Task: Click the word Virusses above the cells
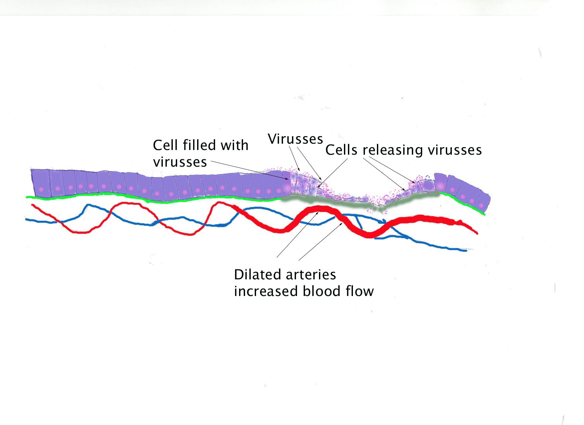pos(295,139)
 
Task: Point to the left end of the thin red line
pos(32,205)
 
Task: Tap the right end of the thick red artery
pos(477,233)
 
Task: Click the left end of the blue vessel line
pos(26,219)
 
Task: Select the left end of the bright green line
pos(27,197)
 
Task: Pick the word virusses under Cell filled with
pos(180,162)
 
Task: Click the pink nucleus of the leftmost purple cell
pos(41,189)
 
